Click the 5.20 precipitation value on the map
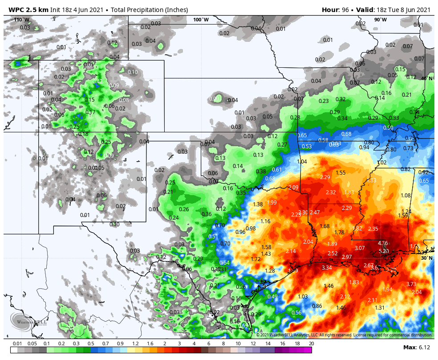pos(383,251)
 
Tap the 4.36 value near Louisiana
pos(383,243)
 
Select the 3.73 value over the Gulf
pos(411,284)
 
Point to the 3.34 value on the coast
pos(327,267)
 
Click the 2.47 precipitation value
pos(315,212)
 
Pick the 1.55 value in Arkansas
pos(341,172)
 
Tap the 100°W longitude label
pos(201,20)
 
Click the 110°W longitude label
pos(21,20)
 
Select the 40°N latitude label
pos(426,78)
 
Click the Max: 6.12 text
pos(417,347)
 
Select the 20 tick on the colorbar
pos(311,344)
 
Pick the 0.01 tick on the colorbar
pos(18,344)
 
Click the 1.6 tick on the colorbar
pos(150,344)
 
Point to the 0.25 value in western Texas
pos(170,182)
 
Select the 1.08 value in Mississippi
pos(406,195)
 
